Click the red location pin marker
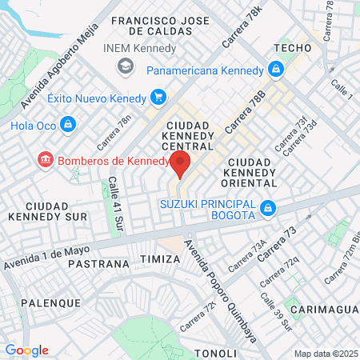180,165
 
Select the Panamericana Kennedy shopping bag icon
275,70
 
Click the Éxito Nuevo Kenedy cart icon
158,98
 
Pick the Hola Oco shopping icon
68,125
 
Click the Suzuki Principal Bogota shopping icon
269,210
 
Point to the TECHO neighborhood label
292,48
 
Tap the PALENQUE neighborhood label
51,303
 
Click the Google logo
26,350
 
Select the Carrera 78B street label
246,111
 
